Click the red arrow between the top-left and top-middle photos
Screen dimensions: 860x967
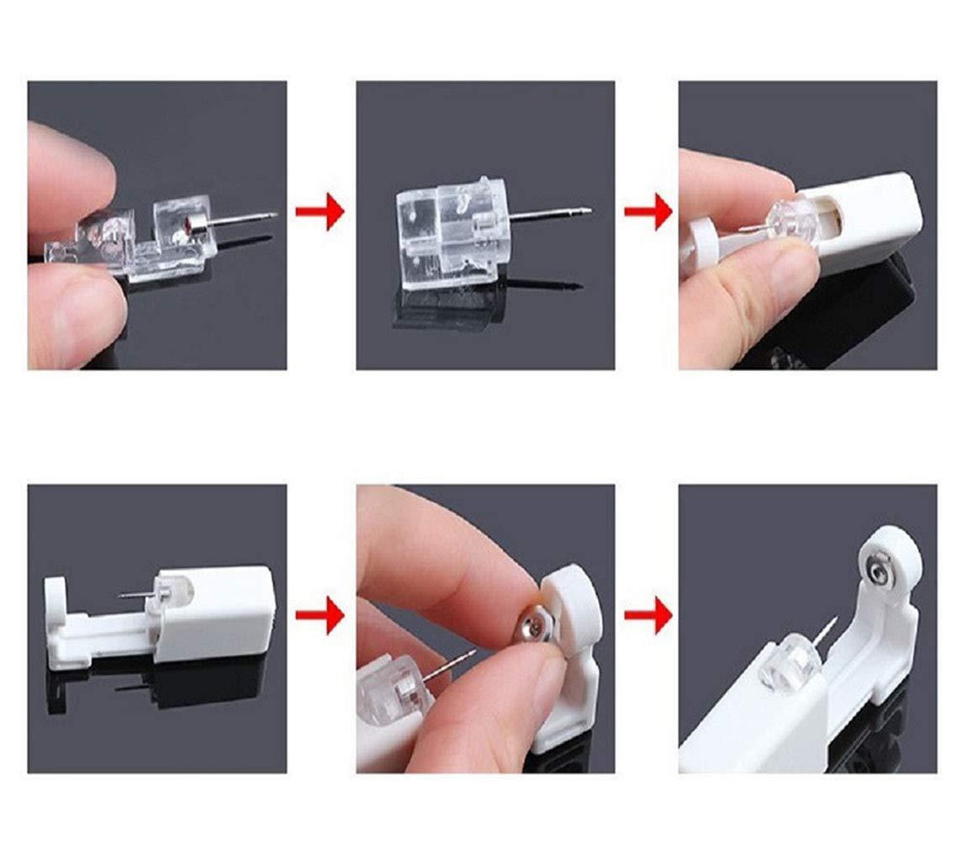(x=320, y=212)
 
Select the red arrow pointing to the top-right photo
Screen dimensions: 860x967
(x=647, y=212)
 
